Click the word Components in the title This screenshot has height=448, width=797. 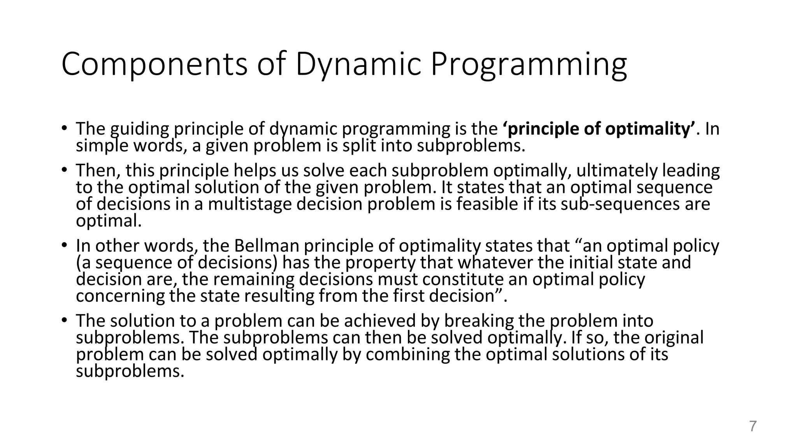[x=154, y=64]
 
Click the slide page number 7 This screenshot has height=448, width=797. [x=753, y=427]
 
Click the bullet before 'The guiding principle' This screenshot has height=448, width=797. [x=64, y=128]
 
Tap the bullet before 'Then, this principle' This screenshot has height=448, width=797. [x=64, y=170]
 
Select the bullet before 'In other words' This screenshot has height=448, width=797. [x=64, y=245]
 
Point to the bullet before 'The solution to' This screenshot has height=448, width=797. [x=64, y=320]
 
